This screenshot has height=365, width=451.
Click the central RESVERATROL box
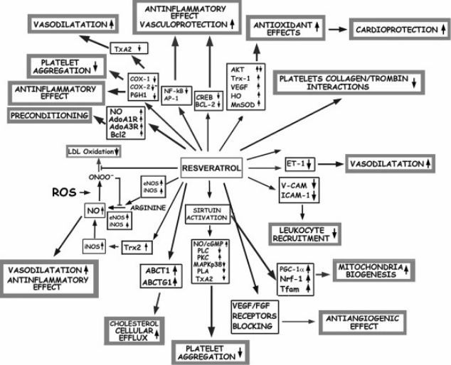(211, 168)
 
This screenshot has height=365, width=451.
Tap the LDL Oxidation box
(93, 151)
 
